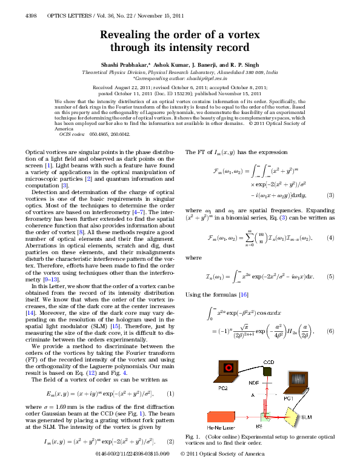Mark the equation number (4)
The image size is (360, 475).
coord(330,239)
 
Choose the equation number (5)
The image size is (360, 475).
coord(330,276)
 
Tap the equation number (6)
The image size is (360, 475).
coord(330,331)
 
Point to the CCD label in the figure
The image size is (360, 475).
coord(268,363)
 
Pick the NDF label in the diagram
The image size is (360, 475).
coord(253,383)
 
